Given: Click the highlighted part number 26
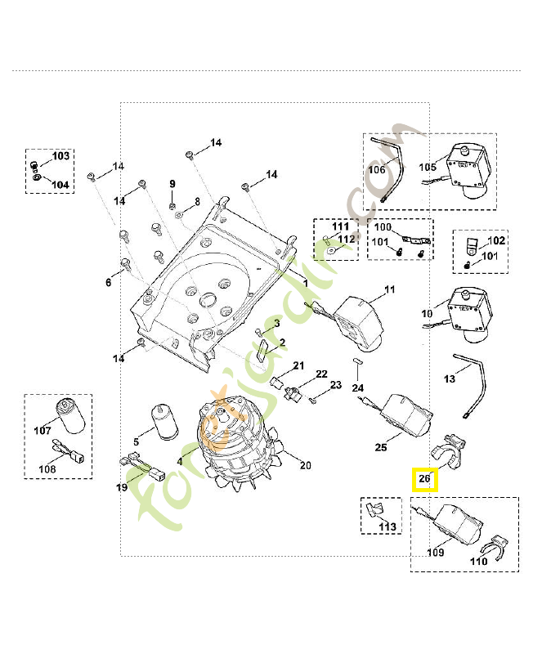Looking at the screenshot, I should point(423,479).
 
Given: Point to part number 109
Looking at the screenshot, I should point(436,553).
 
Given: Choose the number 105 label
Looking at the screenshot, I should point(428,166).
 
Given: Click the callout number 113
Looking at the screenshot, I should point(387,526).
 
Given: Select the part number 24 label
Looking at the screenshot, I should point(358,387).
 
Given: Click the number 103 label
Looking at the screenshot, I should point(61,155).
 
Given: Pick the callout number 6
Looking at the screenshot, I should point(108,283).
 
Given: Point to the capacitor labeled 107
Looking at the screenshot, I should point(71,413).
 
